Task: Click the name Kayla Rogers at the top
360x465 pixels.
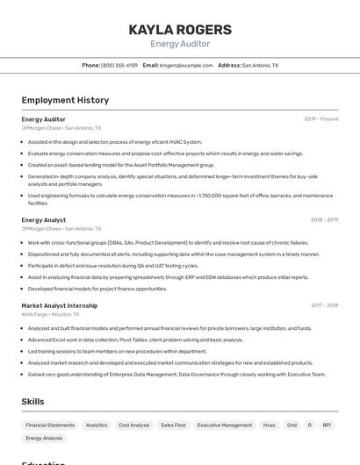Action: [180, 29]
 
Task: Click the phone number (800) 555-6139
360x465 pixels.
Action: [119, 65]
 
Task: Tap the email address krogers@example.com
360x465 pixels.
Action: [186, 65]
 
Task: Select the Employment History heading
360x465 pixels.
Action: [65, 100]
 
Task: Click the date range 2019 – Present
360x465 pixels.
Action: [320, 118]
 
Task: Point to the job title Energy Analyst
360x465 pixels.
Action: [44, 220]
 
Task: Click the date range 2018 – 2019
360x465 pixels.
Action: [324, 220]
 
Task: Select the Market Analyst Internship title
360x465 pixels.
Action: [60, 305]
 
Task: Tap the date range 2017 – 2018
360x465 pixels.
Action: [324, 305]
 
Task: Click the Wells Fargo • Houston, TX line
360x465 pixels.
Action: [51, 314]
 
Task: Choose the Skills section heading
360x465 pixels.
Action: [33, 401]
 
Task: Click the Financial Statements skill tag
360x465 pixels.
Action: [50, 425]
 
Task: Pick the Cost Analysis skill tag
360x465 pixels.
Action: [133, 425]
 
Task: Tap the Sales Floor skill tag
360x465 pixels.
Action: [173, 425]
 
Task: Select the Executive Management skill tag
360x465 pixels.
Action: [224, 425]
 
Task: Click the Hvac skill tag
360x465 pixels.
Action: [270, 425]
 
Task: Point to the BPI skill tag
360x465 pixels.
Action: [327, 425]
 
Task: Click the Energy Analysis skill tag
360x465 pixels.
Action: [44, 438]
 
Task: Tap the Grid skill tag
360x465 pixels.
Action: [292, 425]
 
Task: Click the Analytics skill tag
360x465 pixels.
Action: [97, 425]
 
